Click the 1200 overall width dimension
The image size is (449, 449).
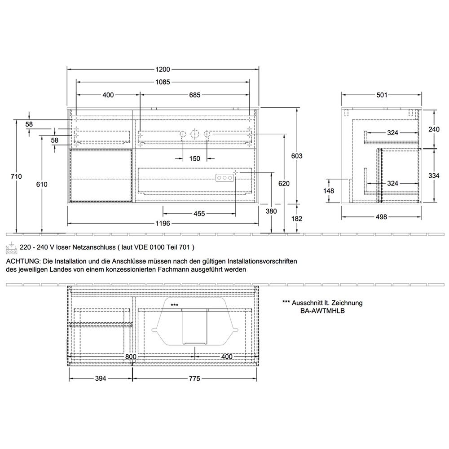pos(163,69)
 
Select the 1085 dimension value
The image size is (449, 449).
pos(163,82)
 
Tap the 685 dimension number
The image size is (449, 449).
pos(195,95)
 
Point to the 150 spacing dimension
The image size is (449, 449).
pos(195,158)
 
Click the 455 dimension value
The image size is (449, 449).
pos(199,214)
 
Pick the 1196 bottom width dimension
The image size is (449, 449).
pos(163,223)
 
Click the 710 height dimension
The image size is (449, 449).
pos(16,176)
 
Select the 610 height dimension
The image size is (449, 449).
pos(42,185)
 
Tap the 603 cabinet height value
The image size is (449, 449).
pos(297,156)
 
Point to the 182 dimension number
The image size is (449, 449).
pos(297,219)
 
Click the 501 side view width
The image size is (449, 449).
pos(382,95)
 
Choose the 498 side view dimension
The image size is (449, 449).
pos(381,217)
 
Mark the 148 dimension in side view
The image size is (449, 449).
pos(329,191)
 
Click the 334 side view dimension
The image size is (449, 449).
pos(434,176)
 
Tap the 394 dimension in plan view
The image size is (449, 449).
pos(101,379)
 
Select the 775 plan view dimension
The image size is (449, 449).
pos(194,379)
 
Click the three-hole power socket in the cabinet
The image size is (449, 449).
pos(225,178)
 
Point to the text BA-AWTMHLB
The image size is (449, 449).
pos(322,311)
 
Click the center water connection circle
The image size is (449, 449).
pos(194,134)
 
